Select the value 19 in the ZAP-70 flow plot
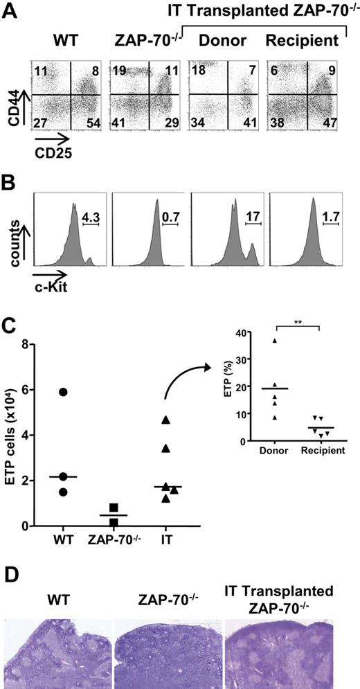point(117,70)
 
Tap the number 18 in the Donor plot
point(197,70)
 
